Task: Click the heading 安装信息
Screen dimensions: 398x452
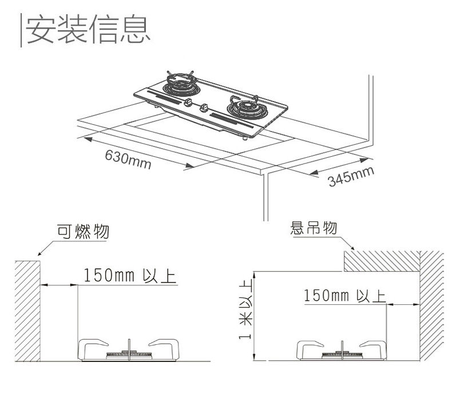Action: coord(89,29)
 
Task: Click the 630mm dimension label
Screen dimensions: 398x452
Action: coord(127,160)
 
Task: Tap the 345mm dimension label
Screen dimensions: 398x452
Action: coord(351,177)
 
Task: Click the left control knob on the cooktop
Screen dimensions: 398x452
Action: coord(189,102)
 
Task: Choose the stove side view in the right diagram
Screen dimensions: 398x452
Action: coord(342,351)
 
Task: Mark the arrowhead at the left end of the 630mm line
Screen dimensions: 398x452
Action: coord(88,137)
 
